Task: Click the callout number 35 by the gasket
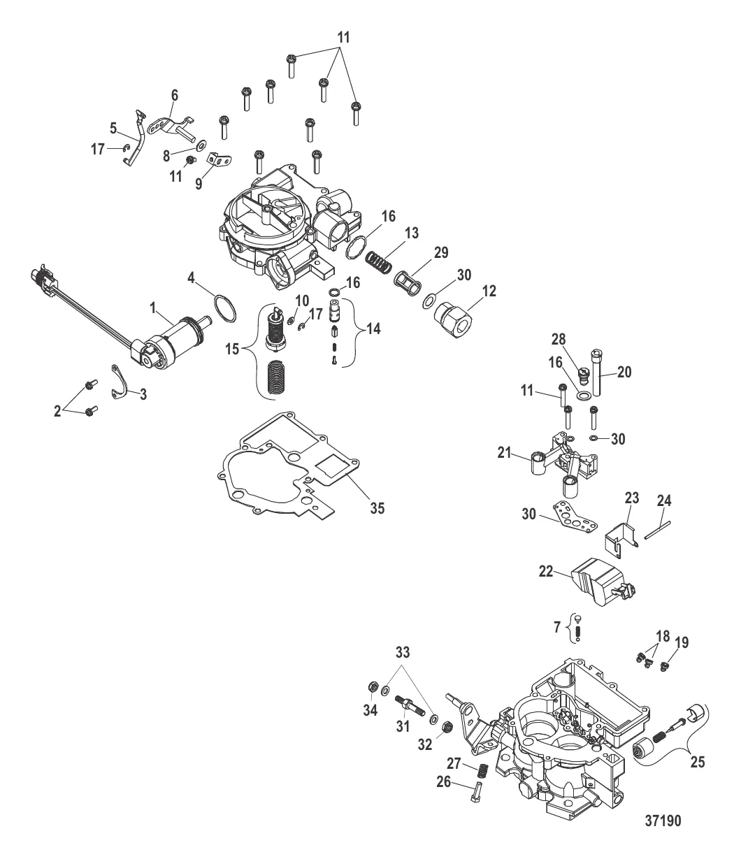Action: click(377, 508)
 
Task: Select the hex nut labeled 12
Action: click(454, 318)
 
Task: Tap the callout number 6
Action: click(174, 94)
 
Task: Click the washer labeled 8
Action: click(202, 145)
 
